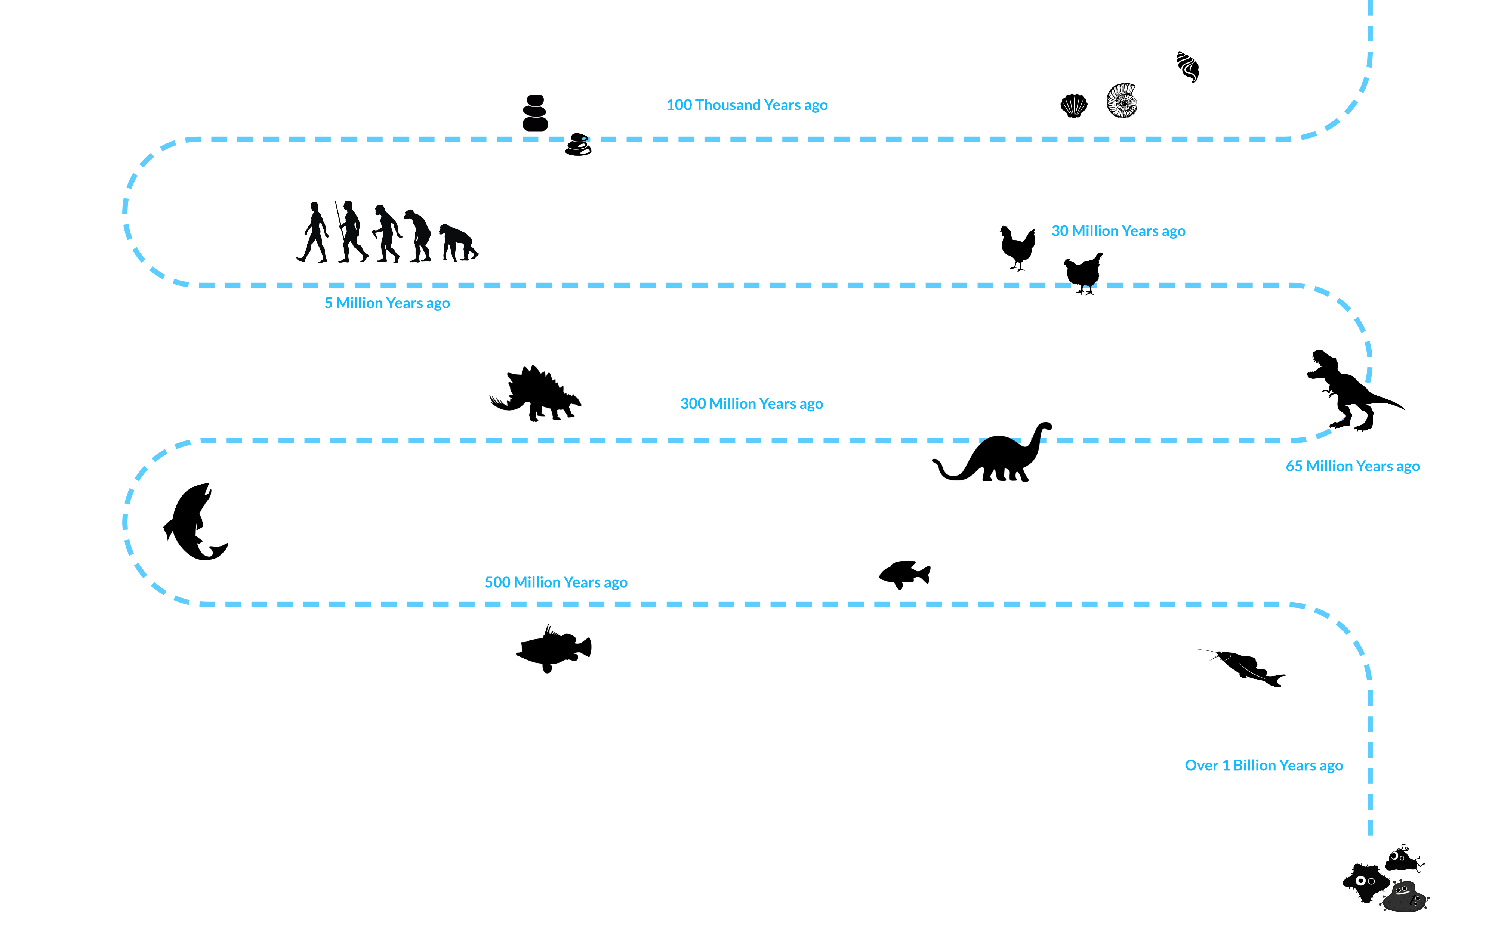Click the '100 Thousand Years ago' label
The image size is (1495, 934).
pos(747,105)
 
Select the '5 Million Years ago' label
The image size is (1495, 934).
pos(387,303)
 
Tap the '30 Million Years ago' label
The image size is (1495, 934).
pos(1118,231)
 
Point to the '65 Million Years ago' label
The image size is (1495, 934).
pos(1352,466)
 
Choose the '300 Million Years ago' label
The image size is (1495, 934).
pos(751,404)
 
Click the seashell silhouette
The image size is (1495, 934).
pos(1074,106)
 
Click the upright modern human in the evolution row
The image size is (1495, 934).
pos(314,232)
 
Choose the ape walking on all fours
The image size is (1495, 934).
pos(457,243)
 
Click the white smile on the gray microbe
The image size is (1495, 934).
pos(1402,891)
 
